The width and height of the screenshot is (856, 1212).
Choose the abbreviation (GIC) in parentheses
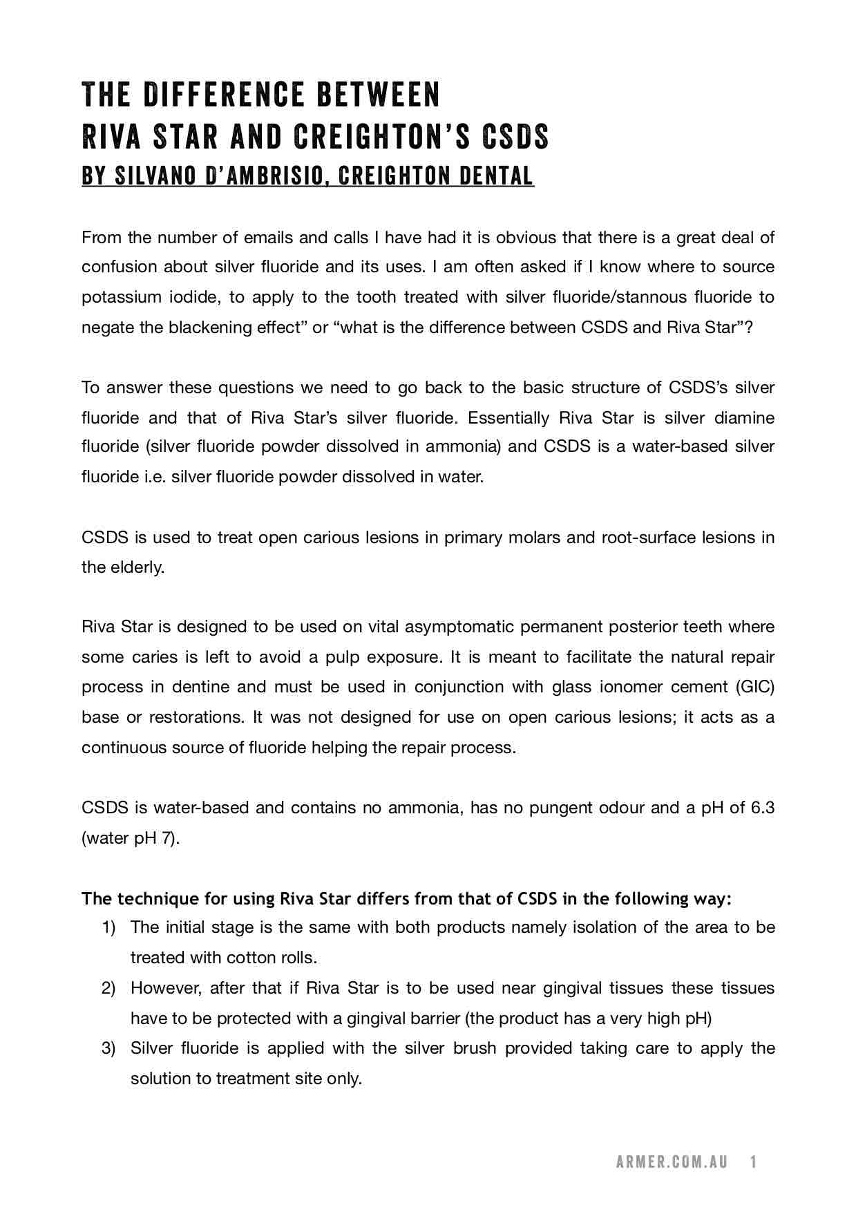(754, 687)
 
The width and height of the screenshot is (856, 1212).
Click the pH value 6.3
(762, 808)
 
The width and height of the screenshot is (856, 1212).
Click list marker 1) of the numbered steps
(108, 927)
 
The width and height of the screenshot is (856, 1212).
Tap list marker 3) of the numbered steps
(108, 1048)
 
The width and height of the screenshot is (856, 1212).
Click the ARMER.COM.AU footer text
(672, 1162)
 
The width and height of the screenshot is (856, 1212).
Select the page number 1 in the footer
(754, 1162)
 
